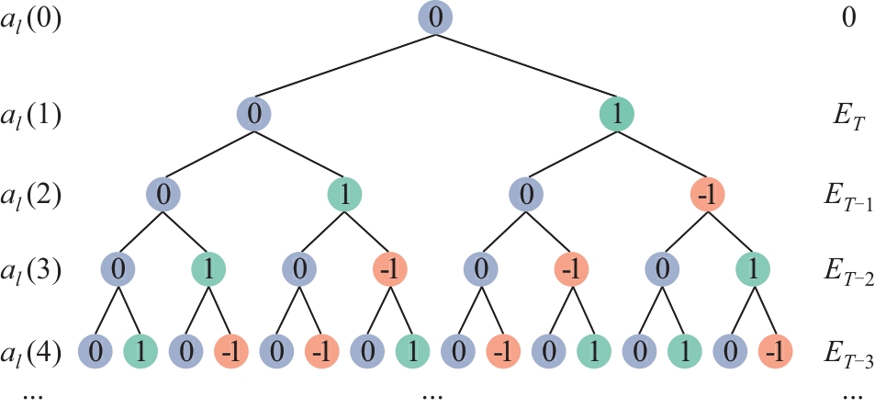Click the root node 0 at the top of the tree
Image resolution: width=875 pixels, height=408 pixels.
435,19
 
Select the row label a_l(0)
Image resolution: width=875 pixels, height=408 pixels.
31,20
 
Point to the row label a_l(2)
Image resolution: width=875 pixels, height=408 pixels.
31,197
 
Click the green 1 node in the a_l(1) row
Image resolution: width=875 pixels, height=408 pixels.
616,115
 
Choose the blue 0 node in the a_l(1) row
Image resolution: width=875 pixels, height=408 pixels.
255,115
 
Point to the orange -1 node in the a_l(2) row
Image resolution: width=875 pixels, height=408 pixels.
706,196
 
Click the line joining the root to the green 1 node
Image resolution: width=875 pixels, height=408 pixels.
525,67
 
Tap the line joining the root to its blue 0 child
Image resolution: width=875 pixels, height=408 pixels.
345,67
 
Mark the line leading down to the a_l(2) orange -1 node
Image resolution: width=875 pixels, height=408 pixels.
661,155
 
